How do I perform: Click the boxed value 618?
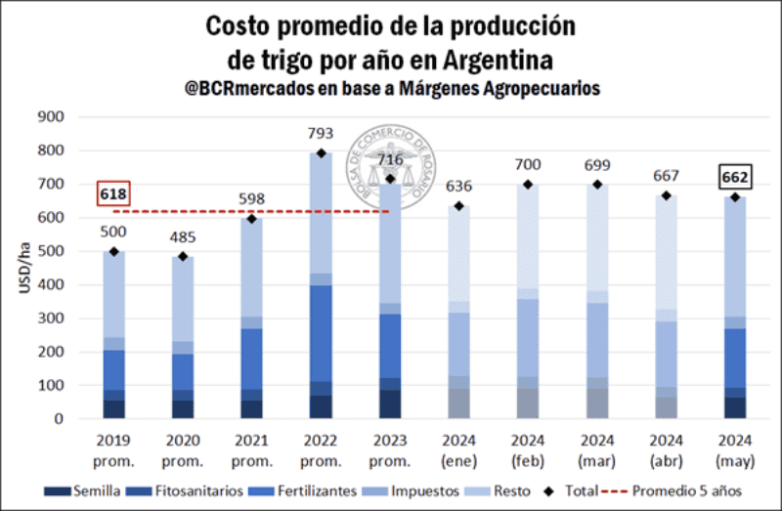click(113, 194)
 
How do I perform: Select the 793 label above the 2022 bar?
click(321, 133)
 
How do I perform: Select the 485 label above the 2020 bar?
click(182, 236)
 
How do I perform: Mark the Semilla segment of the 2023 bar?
click(390, 404)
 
